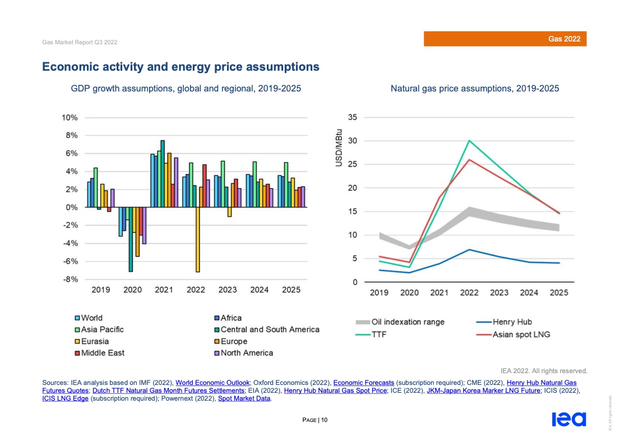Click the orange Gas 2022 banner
pos(505,39)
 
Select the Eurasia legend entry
pos(94,341)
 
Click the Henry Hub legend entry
pos(512,322)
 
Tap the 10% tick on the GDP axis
pos(70,118)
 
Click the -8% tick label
pos(70,279)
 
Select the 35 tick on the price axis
pos(353,117)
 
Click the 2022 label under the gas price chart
pos(469,293)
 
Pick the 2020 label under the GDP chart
pos(132,290)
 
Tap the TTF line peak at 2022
pos(469,141)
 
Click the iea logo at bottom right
pos(568,420)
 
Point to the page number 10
pos(324,420)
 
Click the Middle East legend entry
pos(102,353)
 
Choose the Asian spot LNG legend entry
pos(521,334)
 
